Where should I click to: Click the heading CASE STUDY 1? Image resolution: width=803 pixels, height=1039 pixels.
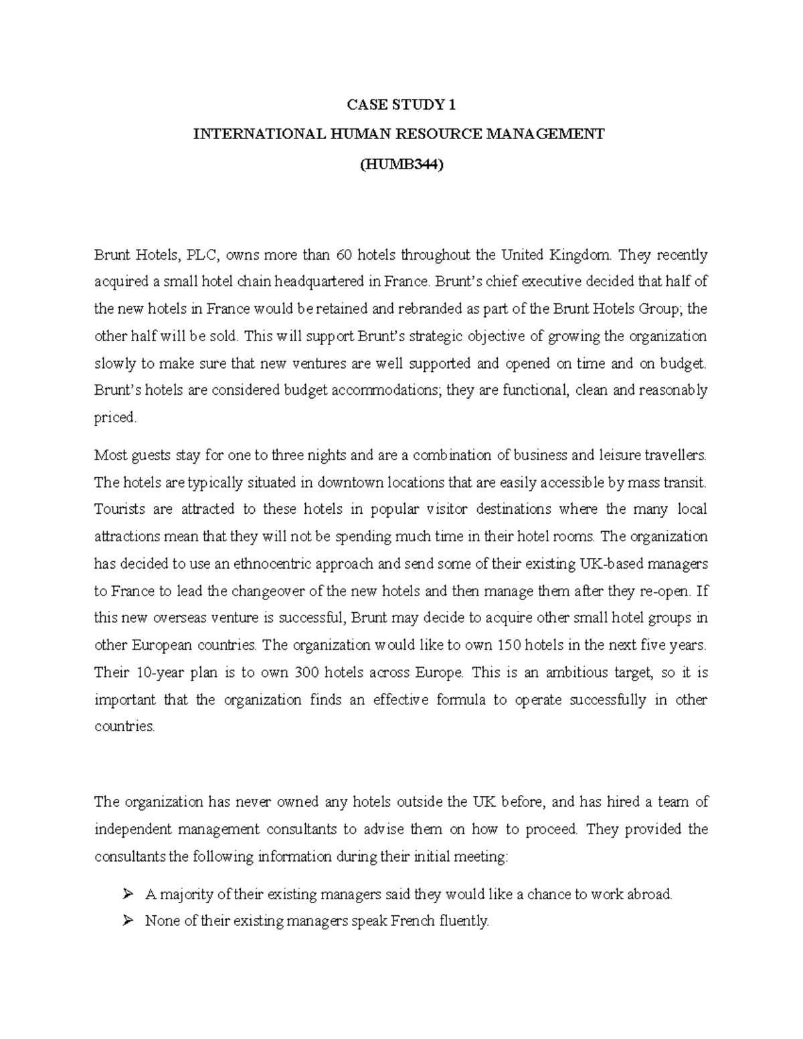[401, 105]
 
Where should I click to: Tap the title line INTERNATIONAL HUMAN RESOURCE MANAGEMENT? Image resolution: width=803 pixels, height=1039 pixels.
[398, 134]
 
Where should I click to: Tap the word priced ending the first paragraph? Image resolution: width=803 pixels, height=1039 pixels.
[114, 418]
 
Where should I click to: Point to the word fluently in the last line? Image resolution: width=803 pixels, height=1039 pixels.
[464, 921]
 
